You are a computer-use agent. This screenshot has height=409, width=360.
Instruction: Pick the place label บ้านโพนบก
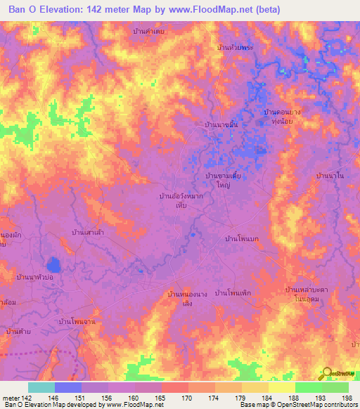242,239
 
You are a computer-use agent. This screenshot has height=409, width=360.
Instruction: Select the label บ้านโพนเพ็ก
233,292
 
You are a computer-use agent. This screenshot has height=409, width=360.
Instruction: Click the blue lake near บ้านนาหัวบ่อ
53,265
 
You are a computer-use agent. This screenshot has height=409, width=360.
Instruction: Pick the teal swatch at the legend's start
41,387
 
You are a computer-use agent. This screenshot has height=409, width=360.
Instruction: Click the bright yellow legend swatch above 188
282,387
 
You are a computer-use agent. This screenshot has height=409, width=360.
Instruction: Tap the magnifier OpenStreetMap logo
328,373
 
